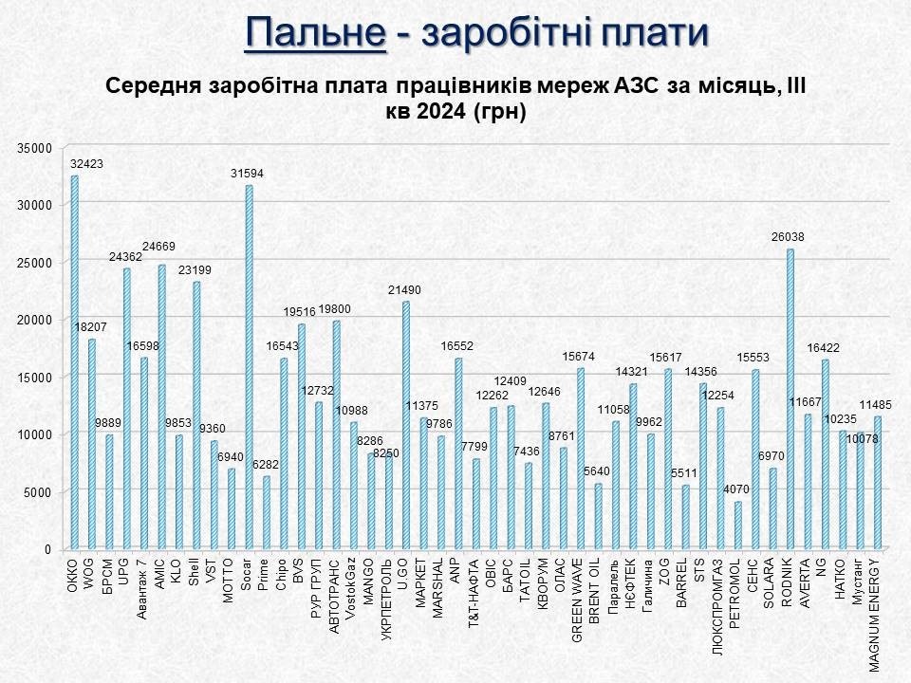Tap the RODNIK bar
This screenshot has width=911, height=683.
point(790,399)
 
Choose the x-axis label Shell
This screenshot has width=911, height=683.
point(196,571)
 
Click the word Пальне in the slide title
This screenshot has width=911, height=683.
point(315,32)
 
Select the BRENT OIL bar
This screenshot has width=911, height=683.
point(598,516)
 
